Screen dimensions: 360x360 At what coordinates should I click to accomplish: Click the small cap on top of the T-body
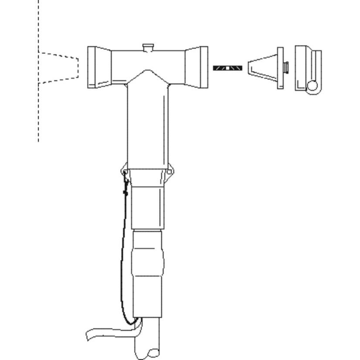coord(148,47)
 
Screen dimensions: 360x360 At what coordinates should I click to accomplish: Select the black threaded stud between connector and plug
coord(227,68)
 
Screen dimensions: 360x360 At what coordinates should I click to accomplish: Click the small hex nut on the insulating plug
coord(286,68)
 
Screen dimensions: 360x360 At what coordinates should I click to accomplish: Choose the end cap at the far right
coord(307,65)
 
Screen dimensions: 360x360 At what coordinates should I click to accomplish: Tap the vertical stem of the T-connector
coord(147,126)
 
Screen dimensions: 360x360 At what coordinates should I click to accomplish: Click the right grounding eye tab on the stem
coord(170,171)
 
